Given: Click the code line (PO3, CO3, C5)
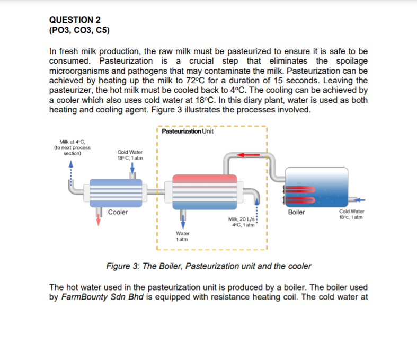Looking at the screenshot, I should pos(79,30).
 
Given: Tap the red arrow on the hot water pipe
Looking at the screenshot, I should pos(249,155).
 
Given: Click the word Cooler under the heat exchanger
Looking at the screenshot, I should pos(118,212).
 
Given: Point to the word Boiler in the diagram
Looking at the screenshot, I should pos(296,212).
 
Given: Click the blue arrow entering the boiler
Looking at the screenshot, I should pos(360,200).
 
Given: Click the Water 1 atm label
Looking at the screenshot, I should pos(182,236).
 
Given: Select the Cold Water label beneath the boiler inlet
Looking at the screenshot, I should pos(351,214).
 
